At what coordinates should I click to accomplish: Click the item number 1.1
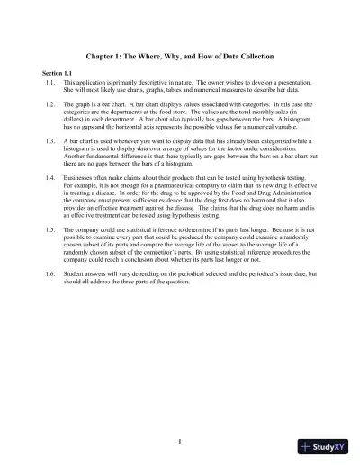tap(50, 82)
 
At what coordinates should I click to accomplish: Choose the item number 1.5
tap(50, 231)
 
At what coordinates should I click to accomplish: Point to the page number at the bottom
tap(180, 440)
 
